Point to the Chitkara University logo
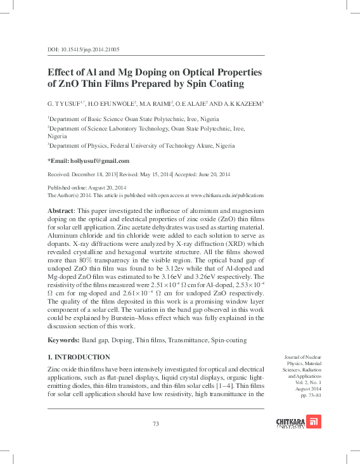tap(299, 422)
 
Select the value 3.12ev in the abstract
tap(186, 267)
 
